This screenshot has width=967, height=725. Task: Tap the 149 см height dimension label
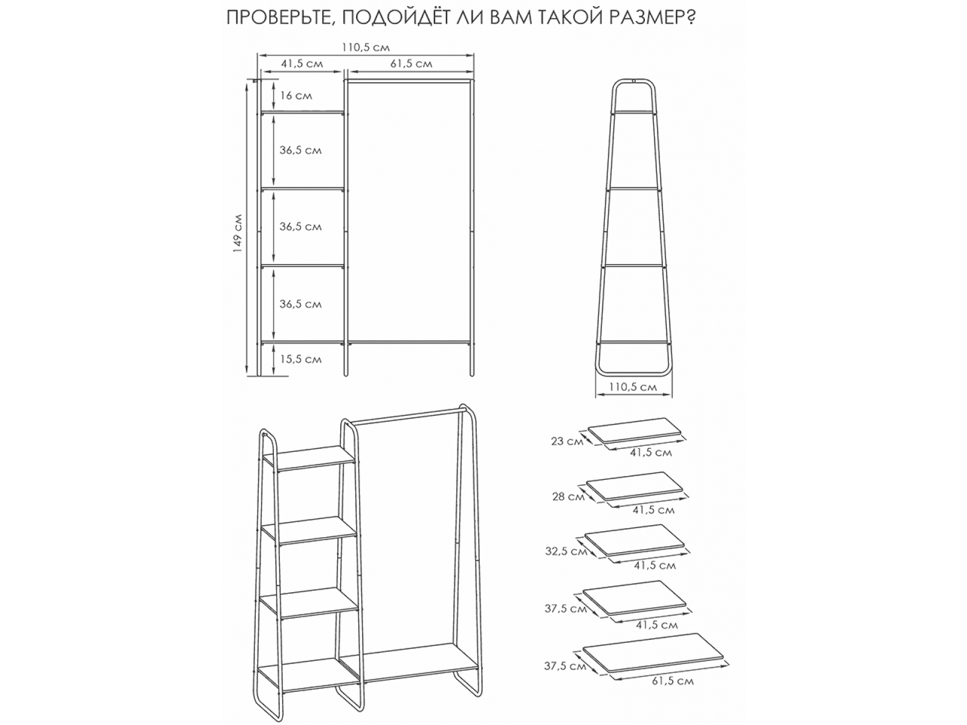click(238, 233)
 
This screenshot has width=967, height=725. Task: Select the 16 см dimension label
click(296, 95)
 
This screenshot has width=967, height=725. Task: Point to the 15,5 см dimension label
click(301, 359)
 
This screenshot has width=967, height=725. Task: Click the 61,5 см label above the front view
click(412, 64)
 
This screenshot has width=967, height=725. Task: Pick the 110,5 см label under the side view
click(633, 387)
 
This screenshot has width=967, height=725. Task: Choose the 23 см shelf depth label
click(567, 440)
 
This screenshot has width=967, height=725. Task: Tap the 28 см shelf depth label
click(568, 497)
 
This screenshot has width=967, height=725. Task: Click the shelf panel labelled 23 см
click(635, 431)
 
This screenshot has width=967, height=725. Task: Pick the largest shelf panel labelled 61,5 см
click(653, 652)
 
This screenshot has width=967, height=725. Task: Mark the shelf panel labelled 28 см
click(635, 486)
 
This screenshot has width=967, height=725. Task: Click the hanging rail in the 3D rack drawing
click(406, 416)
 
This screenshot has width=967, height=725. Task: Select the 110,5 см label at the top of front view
click(366, 47)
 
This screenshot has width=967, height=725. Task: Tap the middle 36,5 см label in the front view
click(300, 227)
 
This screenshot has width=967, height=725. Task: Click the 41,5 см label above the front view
click(302, 64)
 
